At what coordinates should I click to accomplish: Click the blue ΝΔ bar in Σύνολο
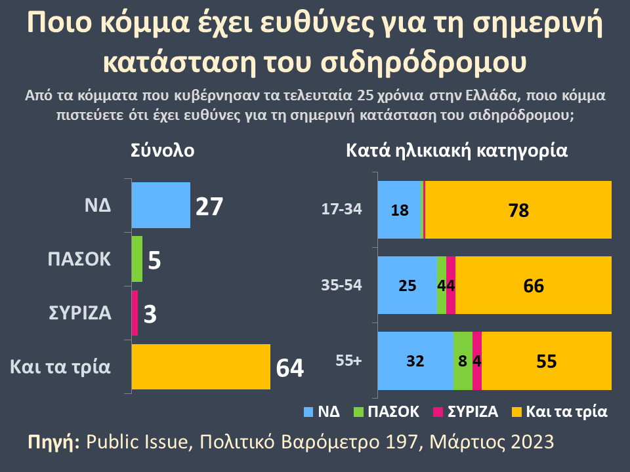[x=161, y=205]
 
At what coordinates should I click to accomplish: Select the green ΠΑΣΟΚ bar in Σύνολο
[x=137, y=259]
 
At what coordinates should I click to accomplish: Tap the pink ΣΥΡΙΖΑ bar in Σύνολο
[x=135, y=313]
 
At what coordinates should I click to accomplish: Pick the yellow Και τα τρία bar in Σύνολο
[x=201, y=366]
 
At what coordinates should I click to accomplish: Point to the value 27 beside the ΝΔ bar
[x=210, y=206]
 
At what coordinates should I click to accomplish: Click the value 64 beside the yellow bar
[x=289, y=368]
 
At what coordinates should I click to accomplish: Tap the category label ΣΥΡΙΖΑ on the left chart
[x=80, y=313]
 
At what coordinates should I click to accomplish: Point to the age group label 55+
[x=348, y=361]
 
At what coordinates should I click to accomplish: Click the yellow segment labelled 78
[x=518, y=210]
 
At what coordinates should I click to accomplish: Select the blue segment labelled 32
[x=415, y=361]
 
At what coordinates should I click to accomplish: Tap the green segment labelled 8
[x=463, y=361]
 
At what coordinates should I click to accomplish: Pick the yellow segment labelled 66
[x=533, y=285]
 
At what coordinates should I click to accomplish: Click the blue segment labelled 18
[x=399, y=210]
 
